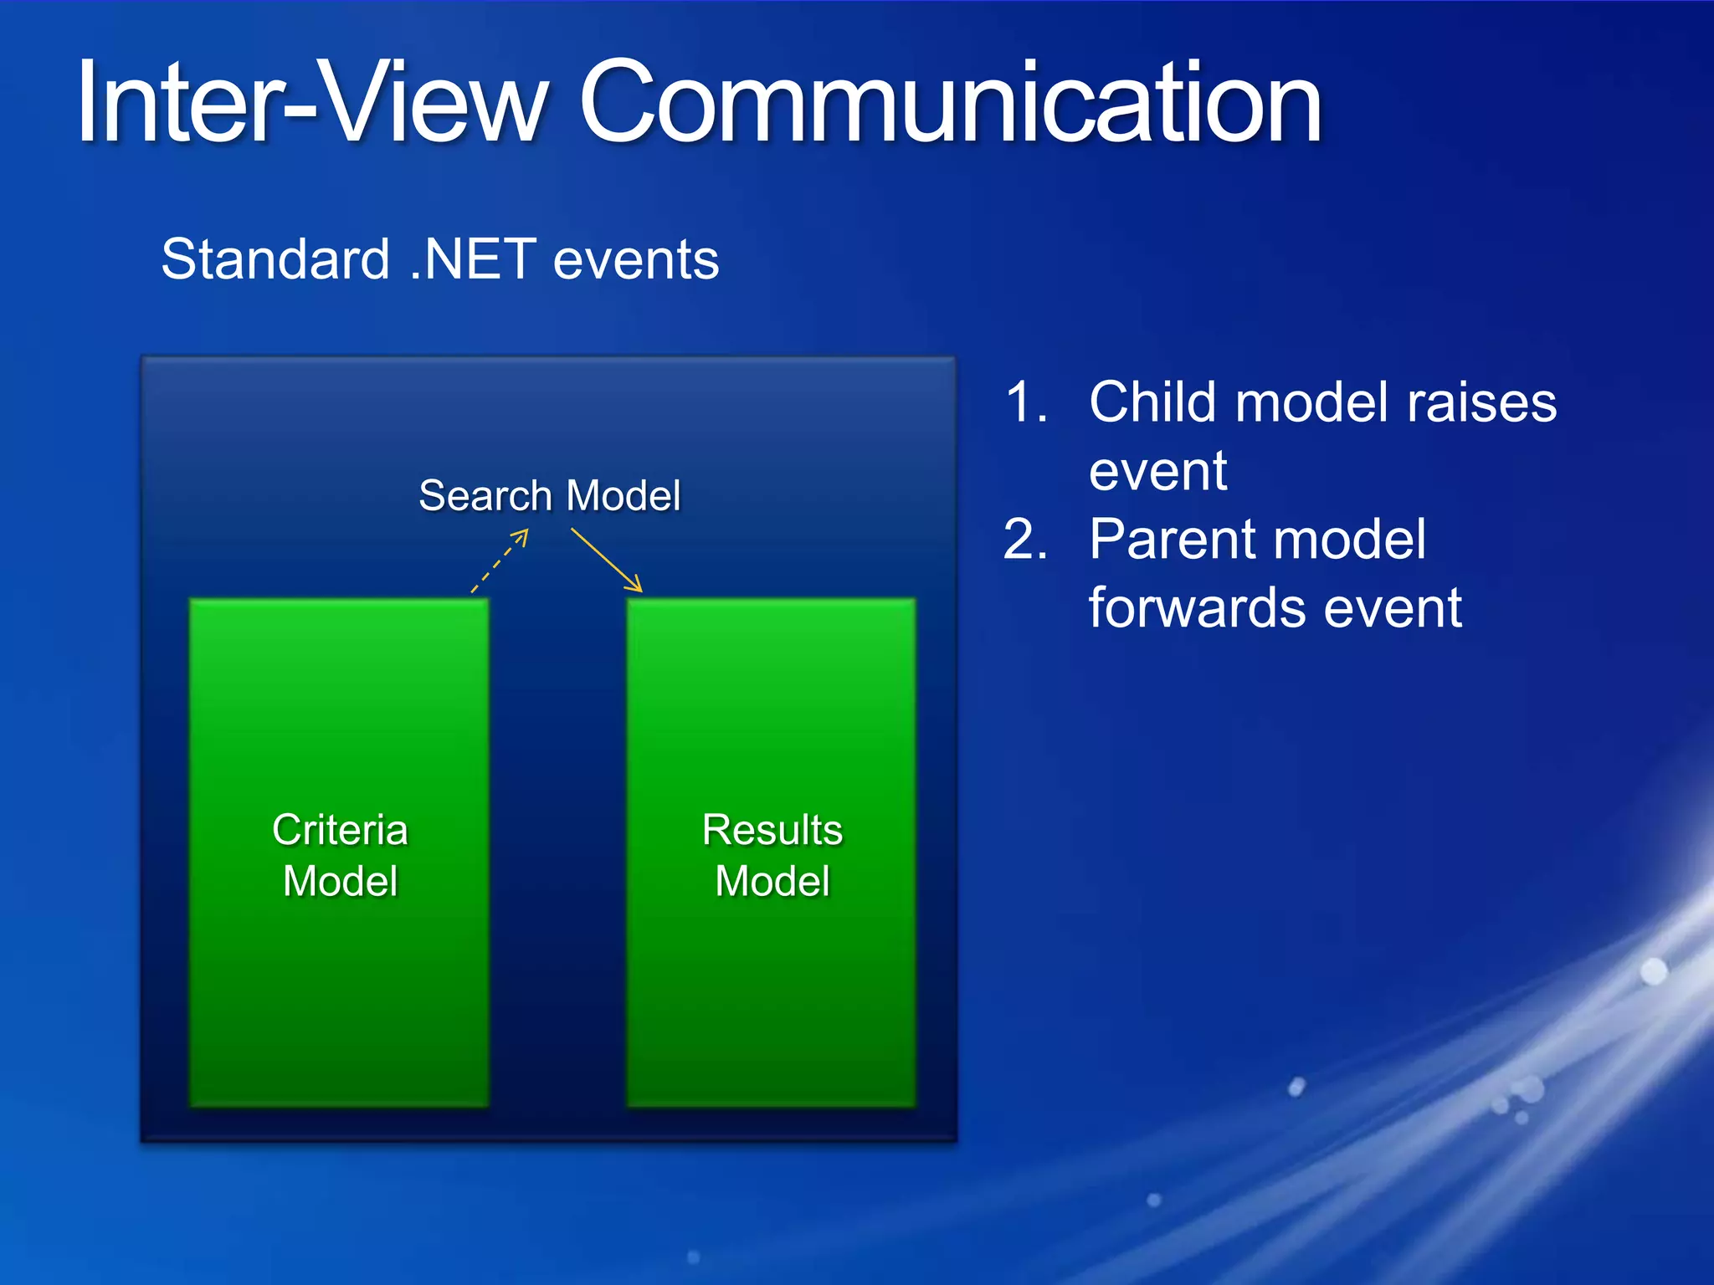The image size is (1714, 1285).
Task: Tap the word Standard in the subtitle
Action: (275, 259)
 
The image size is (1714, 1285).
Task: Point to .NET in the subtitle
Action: (473, 259)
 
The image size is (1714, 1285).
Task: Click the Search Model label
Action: (550, 495)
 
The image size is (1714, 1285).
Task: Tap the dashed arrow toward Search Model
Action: (500, 561)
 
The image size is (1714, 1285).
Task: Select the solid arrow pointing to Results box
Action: (607, 560)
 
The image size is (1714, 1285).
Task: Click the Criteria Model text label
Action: (340, 855)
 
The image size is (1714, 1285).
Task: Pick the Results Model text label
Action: (772, 855)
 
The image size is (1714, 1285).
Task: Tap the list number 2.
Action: (1025, 540)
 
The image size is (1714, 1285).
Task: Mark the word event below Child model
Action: (1157, 472)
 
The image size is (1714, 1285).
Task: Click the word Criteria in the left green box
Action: (340, 830)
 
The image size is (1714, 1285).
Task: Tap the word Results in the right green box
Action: (772, 830)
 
